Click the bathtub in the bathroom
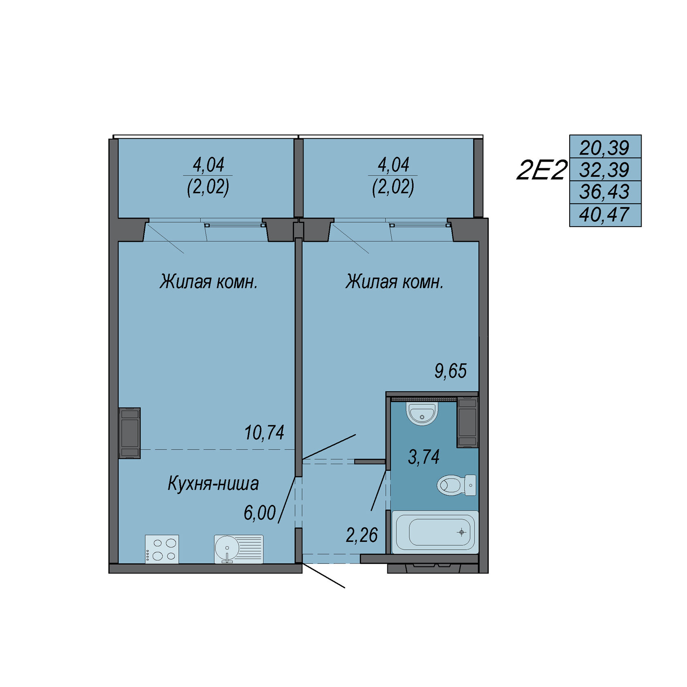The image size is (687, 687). (x=435, y=532)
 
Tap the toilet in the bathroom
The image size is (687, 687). (x=456, y=485)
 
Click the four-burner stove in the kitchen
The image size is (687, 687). (x=162, y=549)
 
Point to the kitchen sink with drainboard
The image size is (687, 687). (x=239, y=549)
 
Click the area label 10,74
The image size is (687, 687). (x=264, y=432)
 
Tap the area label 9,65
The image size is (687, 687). (x=450, y=371)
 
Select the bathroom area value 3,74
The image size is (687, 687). (x=424, y=457)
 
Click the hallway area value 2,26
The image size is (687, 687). (x=361, y=535)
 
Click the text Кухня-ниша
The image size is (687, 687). (x=213, y=483)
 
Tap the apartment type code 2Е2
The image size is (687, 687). (x=542, y=170)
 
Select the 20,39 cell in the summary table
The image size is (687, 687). (x=604, y=147)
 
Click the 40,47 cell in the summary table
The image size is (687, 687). (x=604, y=215)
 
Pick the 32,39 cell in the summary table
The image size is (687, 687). (x=604, y=169)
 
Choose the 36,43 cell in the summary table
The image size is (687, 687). (x=604, y=192)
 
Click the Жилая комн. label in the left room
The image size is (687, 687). (x=209, y=282)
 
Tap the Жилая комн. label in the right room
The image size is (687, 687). (x=394, y=282)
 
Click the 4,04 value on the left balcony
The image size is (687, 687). (x=209, y=165)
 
